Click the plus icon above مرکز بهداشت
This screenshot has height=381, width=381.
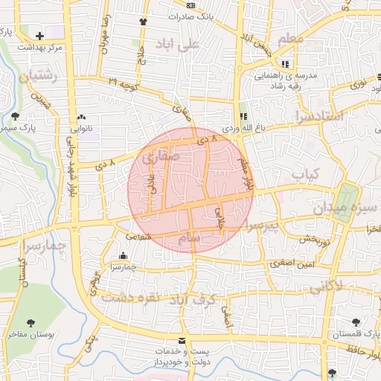39,35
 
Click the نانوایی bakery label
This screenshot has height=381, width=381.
81,127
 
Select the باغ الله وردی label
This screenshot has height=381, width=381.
243,128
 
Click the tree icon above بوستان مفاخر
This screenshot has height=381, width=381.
31,323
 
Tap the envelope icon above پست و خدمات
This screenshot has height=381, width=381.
182,340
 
